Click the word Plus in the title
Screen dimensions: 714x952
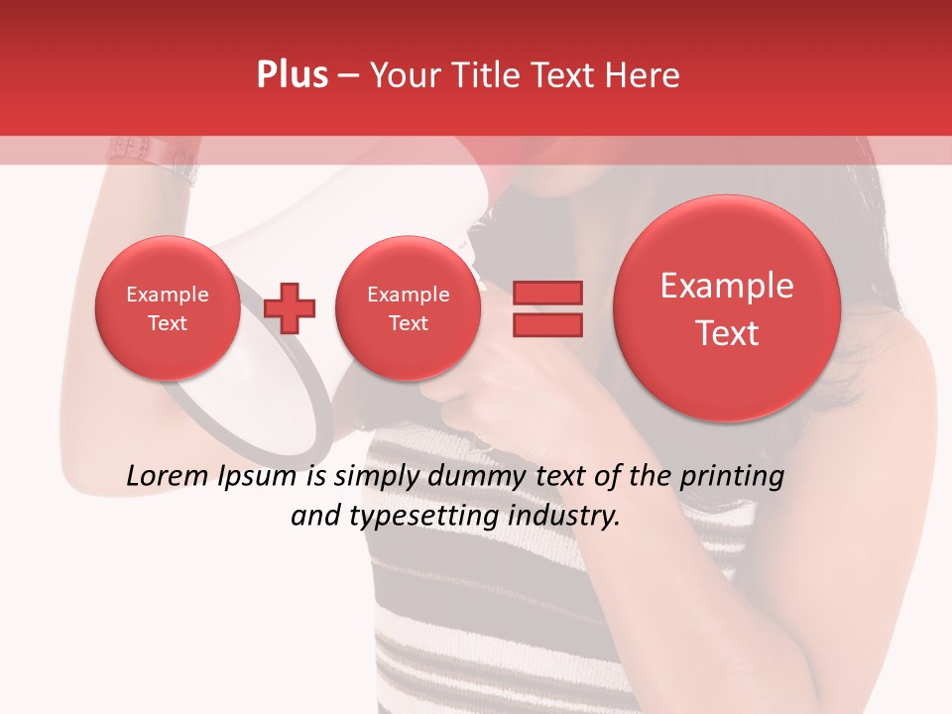click(292, 74)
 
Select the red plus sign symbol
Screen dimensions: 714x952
click(290, 307)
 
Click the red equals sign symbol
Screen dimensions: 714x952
click(546, 307)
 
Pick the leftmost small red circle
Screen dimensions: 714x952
click(167, 308)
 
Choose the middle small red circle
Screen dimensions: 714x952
click(408, 308)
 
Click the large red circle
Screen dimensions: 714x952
click(727, 308)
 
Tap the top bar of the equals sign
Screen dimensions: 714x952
click(546, 293)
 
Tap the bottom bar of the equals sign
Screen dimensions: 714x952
click(546, 323)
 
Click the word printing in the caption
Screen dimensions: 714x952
click(731, 477)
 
